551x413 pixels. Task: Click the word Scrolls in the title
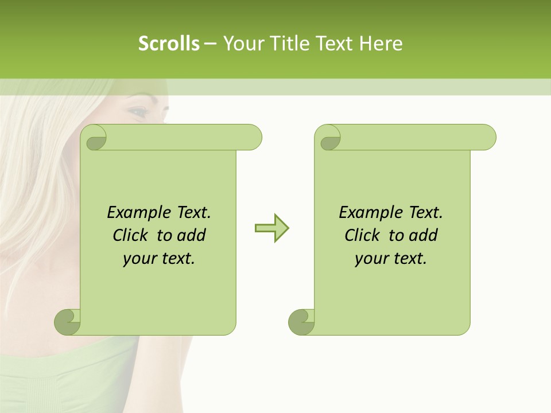[169, 44]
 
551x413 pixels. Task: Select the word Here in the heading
[381, 44]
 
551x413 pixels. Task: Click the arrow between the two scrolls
[271, 228]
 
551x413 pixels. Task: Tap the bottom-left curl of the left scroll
[68, 322]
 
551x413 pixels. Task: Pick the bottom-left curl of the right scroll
[301, 322]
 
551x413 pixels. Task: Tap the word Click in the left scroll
[130, 235]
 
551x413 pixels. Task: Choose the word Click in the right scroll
[362, 235]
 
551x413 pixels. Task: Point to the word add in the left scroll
[192, 235]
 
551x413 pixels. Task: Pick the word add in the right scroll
[424, 235]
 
